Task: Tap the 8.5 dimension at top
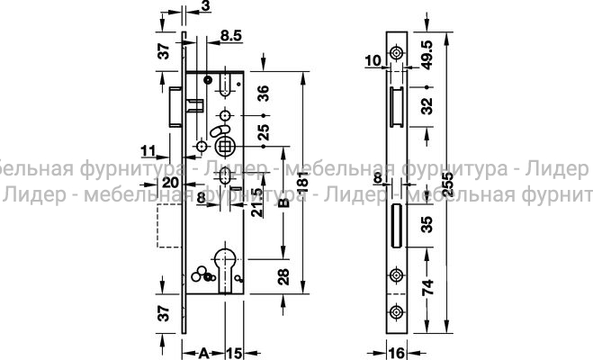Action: (229, 36)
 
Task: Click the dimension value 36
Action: (265, 93)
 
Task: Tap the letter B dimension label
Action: (283, 202)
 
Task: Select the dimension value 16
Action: (397, 351)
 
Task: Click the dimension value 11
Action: (148, 148)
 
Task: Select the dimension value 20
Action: (167, 182)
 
